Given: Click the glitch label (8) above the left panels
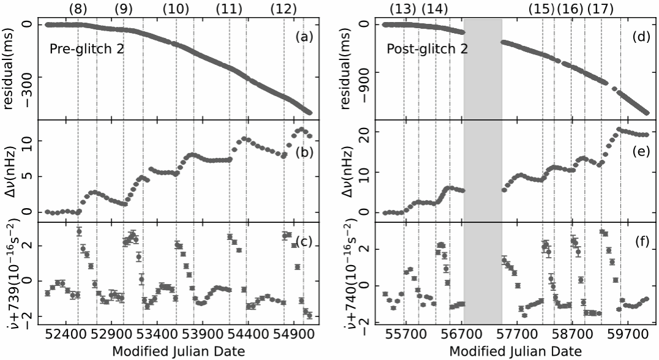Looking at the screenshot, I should (x=78, y=9).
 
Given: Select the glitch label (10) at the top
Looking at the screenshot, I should (x=176, y=9).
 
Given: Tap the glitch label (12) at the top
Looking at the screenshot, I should (x=284, y=9).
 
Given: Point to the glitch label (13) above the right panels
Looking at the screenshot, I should (x=403, y=9).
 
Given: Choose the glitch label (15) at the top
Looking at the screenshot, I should (x=541, y=9).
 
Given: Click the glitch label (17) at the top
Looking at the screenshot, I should (x=600, y=9).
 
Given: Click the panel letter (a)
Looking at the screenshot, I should (x=304, y=37).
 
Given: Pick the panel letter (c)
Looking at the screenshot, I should (x=304, y=241).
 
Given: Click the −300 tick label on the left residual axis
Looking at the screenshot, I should (x=25, y=78).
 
